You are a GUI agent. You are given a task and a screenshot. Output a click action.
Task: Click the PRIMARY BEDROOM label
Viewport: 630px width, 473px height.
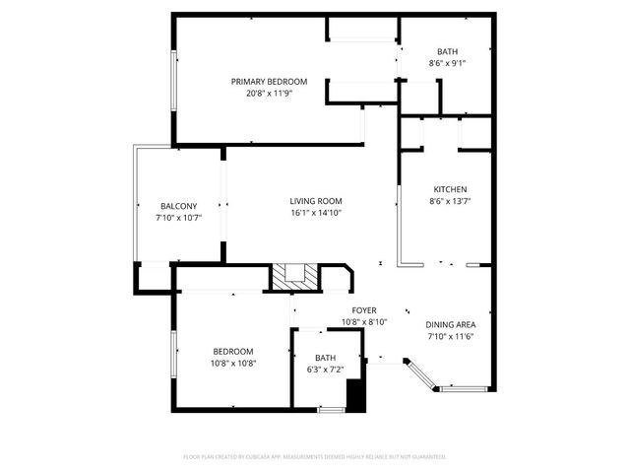269,82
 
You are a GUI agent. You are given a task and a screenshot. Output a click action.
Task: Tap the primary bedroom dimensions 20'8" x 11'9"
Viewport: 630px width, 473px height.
269,95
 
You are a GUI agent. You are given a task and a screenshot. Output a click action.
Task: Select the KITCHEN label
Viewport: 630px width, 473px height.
450,189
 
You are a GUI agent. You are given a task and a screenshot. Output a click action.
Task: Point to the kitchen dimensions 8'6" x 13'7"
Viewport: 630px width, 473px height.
450,202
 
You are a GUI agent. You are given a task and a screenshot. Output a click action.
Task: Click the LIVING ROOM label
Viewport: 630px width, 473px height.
316,201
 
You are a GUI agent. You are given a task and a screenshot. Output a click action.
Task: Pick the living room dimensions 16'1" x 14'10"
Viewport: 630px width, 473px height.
316,214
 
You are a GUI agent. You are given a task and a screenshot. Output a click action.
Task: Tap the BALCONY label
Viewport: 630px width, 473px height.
178,206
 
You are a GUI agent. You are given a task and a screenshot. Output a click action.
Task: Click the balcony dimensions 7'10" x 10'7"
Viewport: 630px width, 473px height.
178,218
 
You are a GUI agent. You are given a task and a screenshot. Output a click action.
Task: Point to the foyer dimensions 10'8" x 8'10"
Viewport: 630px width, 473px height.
364,322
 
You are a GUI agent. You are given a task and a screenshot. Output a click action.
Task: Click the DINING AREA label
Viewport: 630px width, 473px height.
451,325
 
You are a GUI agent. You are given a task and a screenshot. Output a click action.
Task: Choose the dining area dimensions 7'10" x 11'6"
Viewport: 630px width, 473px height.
451,338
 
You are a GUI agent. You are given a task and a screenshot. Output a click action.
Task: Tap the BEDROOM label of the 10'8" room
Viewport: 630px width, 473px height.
233,351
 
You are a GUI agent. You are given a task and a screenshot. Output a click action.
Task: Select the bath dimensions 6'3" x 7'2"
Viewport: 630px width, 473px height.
326,370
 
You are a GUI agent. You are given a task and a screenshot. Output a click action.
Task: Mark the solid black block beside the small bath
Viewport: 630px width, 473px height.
355,395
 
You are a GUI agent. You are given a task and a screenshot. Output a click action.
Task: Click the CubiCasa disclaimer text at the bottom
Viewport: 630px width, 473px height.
315,457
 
